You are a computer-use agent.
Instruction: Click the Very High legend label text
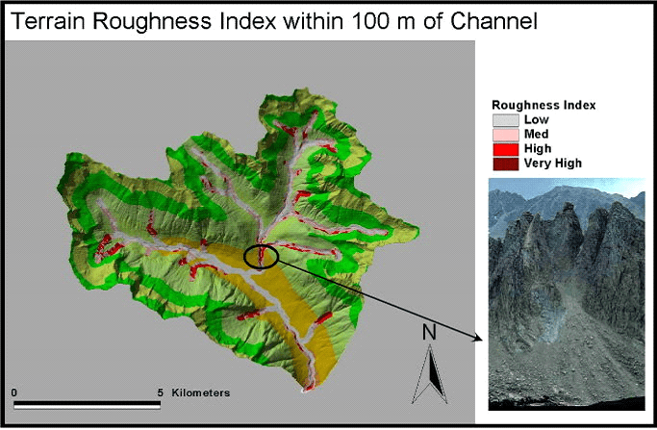tap(553, 164)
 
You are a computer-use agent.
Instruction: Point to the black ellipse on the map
tap(261, 256)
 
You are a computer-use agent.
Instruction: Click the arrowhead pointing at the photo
tap(478, 338)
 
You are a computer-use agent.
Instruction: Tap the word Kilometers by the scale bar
tap(201, 392)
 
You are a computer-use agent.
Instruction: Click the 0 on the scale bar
tap(14, 392)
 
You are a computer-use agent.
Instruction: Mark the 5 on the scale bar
tap(159, 392)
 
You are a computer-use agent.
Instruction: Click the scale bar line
tap(87, 404)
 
